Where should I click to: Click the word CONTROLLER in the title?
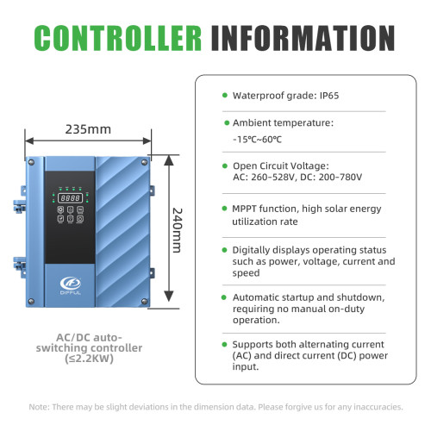click(118, 38)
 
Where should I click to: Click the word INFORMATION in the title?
click(303, 38)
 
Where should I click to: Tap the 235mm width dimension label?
click(88, 129)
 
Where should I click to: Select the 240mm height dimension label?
click(177, 230)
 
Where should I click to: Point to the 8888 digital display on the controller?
click(71, 197)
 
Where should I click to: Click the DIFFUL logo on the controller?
click(71, 285)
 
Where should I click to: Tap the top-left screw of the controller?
click(31, 162)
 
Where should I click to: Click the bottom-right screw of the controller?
click(145, 302)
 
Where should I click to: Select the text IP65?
click(329, 96)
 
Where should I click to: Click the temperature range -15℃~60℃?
click(257, 140)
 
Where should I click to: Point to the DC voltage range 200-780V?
click(340, 177)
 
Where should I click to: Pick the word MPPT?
click(244, 209)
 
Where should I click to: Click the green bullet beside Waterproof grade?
click(225, 95)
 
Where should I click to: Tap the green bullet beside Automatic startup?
click(224, 297)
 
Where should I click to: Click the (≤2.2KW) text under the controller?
click(89, 359)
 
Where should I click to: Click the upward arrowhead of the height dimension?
click(169, 160)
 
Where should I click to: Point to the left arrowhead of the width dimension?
click(29, 141)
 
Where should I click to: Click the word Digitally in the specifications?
click(251, 251)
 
